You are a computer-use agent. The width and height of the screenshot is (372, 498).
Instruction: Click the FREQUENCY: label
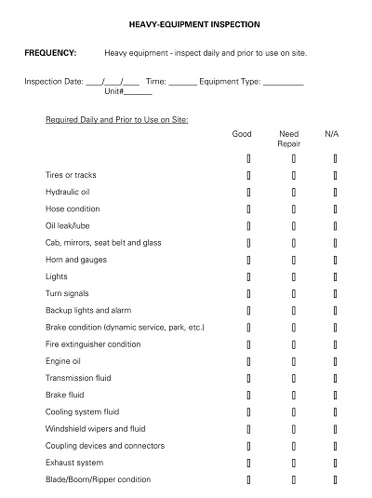tap(50, 53)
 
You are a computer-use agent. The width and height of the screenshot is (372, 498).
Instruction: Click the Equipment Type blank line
tap(284, 81)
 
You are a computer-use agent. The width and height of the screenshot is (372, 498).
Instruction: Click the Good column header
tap(242, 134)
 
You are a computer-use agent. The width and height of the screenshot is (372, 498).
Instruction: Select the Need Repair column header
tap(289, 139)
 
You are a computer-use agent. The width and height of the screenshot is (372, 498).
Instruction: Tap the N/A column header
tap(332, 134)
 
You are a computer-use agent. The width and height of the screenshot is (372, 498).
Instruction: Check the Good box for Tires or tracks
tap(248, 175)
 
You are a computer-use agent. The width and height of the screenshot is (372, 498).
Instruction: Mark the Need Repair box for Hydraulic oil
tap(293, 192)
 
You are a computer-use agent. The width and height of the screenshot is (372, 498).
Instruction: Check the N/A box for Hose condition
tap(335, 209)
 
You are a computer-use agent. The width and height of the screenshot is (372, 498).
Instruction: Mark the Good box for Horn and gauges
tap(248, 260)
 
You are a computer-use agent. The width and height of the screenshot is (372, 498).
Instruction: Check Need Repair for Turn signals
tap(293, 293)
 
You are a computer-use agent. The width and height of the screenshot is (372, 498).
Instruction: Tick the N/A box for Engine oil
tap(335, 361)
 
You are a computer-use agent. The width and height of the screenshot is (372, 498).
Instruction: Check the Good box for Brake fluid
tap(248, 395)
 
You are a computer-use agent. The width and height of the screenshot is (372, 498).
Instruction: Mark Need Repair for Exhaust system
tap(293, 463)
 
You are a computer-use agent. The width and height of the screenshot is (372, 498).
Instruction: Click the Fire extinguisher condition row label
tap(93, 344)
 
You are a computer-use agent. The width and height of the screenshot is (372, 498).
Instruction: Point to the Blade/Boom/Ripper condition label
tap(98, 479)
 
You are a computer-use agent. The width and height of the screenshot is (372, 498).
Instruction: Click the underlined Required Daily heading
tap(117, 120)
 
